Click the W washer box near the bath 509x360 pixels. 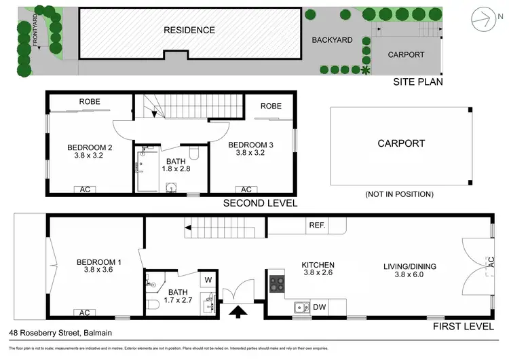pos(208,278)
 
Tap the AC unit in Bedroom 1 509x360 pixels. pos(85,312)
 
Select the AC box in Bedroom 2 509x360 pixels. pos(85,190)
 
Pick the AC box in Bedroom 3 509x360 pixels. pos(246,190)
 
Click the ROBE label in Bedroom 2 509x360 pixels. pos(89,102)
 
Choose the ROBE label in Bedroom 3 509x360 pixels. pos(271,106)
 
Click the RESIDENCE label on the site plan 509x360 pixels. pos(189,30)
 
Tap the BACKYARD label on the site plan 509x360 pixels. pos(332,40)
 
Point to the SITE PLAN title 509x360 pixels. pos(417,82)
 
